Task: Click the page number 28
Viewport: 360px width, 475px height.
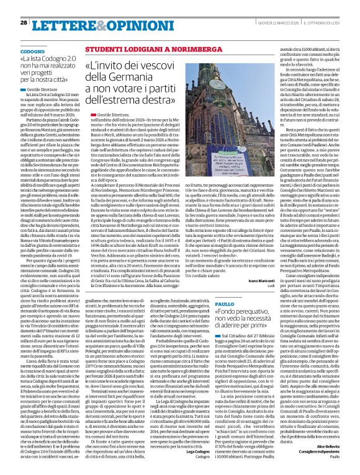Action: pyautogui.click(x=24, y=22)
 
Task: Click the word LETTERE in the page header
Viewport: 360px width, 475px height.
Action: pyautogui.click(x=59, y=24)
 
